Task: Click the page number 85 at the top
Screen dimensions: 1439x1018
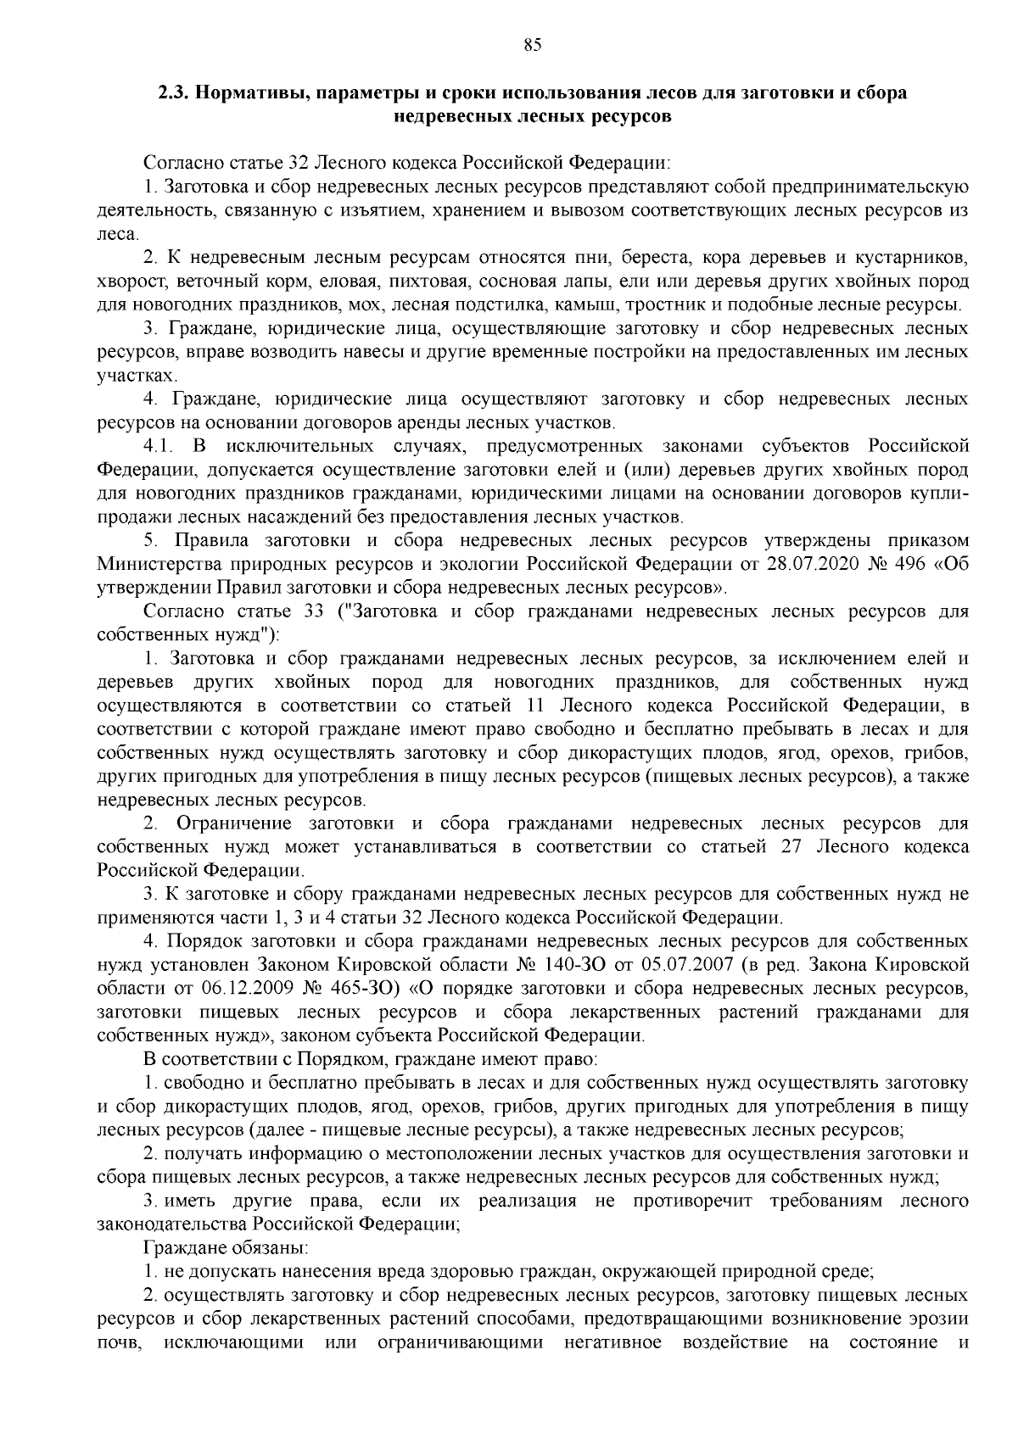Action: point(533,47)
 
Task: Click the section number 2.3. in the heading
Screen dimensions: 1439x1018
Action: point(176,93)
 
